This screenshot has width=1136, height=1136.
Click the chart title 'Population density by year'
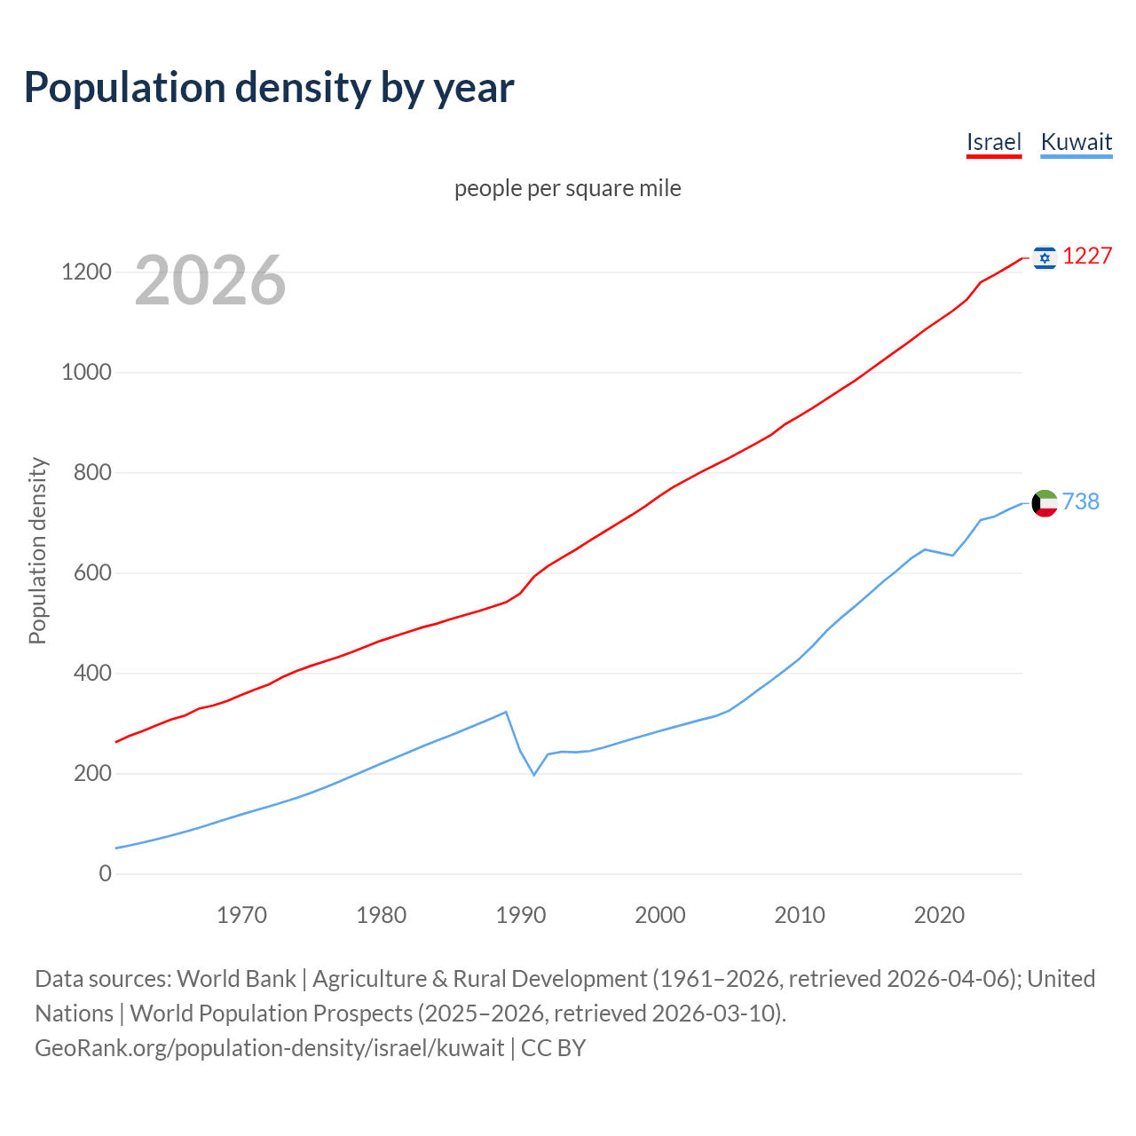pyautogui.click(x=269, y=87)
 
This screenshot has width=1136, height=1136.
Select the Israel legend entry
pyautogui.click(x=993, y=142)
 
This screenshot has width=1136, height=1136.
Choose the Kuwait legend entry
pyautogui.click(x=1076, y=142)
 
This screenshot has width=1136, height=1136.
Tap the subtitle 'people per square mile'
pyautogui.click(x=567, y=188)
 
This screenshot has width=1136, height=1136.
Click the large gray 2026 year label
pyautogui.click(x=210, y=280)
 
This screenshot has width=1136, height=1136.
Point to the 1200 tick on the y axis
pyautogui.click(x=86, y=272)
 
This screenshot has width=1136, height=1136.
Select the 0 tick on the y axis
pyautogui.click(x=106, y=873)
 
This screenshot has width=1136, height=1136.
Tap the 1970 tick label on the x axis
pyautogui.click(x=241, y=915)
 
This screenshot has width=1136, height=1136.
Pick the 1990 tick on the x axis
pyautogui.click(x=521, y=915)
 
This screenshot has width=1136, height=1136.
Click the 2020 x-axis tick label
pyautogui.click(x=939, y=915)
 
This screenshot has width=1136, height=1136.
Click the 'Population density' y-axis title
pyautogui.click(x=37, y=550)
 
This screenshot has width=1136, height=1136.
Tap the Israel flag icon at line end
pyautogui.click(x=1045, y=257)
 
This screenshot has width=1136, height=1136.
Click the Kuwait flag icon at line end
pyautogui.click(x=1045, y=503)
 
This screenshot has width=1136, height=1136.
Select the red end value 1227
pyautogui.click(x=1087, y=256)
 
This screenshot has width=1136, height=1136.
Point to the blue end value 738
pyautogui.click(x=1080, y=501)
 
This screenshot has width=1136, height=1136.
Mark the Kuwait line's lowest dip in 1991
pyautogui.click(x=534, y=775)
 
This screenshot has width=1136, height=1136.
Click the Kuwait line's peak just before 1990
pyautogui.click(x=506, y=712)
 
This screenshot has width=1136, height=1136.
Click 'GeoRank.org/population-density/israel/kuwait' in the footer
pyautogui.click(x=269, y=1047)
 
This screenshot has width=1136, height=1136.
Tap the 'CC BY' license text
pyautogui.click(x=553, y=1047)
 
